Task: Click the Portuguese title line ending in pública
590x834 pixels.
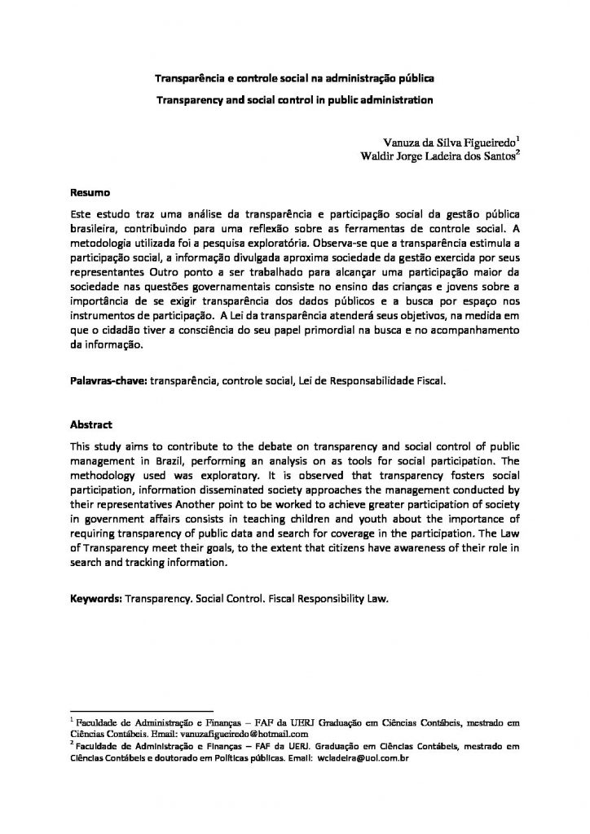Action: point(295,79)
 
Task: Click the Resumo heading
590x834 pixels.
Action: point(90,193)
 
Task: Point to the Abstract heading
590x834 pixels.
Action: point(92,425)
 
